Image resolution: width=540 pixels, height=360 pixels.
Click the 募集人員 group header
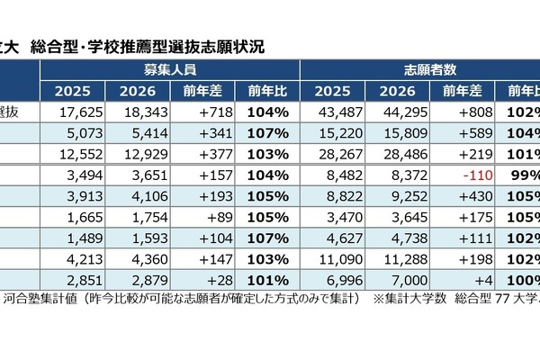[x=169, y=69]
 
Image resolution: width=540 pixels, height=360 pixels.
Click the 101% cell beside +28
[x=265, y=278]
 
